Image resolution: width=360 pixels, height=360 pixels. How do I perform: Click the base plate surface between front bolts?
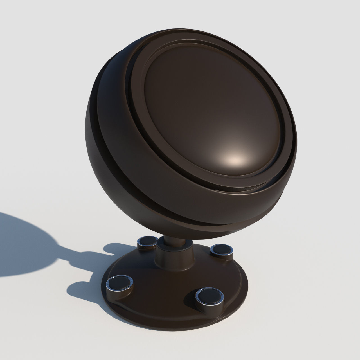pyautogui.click(x=163, y=298)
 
